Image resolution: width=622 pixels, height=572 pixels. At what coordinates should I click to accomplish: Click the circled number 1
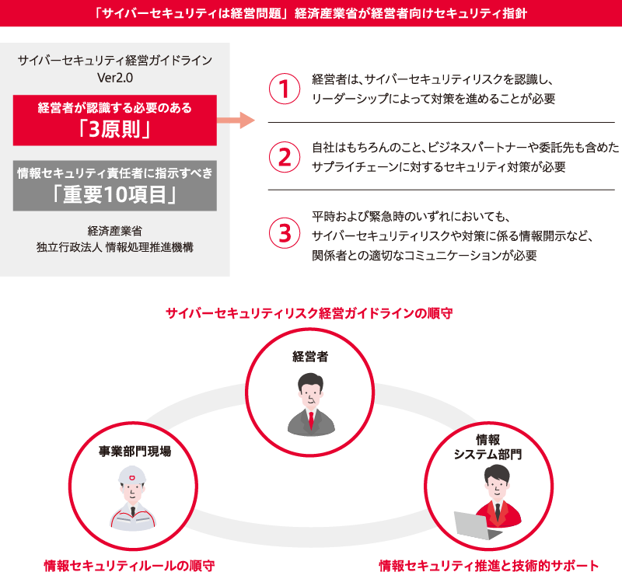[285, 89]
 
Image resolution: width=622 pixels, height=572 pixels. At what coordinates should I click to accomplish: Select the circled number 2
[285, 157]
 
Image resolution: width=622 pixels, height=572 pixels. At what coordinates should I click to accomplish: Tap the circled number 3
[285, 233]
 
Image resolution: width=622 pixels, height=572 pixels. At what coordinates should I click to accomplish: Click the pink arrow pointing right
[236, 120]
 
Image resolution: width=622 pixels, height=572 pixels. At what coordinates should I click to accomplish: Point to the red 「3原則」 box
[114, 120]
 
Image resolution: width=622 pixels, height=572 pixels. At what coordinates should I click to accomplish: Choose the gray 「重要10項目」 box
[114, 186]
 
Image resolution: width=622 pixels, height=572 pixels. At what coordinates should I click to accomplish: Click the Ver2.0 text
[115, 78]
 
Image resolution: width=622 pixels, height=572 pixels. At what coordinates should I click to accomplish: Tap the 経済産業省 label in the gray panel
[114, 231]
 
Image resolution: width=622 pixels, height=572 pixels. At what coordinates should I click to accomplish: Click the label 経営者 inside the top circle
[309, 357]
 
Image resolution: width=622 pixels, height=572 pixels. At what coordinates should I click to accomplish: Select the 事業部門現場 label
[135, 451]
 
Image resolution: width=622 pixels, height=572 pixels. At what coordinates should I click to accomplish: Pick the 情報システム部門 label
[488, 447]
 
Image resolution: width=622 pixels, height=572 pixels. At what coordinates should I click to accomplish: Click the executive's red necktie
[311, 420]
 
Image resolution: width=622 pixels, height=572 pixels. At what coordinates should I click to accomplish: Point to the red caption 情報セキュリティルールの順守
[129, 565]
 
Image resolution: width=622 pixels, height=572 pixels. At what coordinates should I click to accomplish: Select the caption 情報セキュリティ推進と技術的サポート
[489, 565]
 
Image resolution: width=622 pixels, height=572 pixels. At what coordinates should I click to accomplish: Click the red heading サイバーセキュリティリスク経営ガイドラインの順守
[309, 313]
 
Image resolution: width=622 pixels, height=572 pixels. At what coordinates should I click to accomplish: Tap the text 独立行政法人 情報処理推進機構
[114, 247]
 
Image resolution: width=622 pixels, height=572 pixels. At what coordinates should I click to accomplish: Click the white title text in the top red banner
[310, 13]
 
